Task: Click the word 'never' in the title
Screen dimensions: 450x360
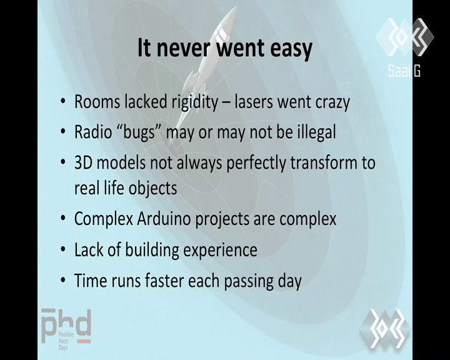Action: pos(184,48)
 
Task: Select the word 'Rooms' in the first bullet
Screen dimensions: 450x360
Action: pos(97,102)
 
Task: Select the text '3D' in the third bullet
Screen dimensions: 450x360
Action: pos(84,162)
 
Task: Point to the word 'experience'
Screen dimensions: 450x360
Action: pos(220,251)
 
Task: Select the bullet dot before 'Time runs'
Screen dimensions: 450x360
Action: pos(63,281)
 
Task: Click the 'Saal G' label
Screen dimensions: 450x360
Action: pos(404,71)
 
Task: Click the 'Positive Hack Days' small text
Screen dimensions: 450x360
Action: pos(66,341)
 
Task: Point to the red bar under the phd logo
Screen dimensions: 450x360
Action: pos(84,341)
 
